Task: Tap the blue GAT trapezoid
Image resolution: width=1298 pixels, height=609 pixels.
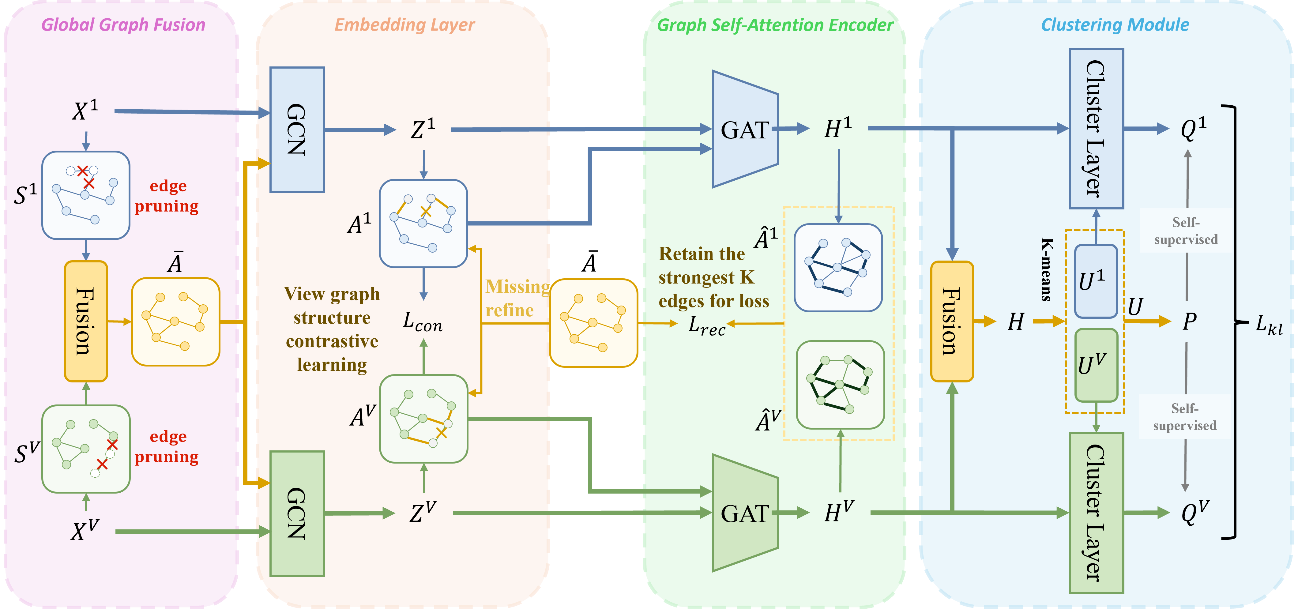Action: [745, 130]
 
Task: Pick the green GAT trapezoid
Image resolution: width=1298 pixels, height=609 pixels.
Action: [745, 513]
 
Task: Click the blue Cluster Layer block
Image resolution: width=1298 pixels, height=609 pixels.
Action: [1096, 129]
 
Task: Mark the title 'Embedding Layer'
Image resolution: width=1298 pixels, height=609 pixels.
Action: [404, 25]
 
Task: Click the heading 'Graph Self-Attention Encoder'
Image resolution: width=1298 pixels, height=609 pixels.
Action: [775, 25]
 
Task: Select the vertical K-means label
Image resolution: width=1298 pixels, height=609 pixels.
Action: [1047, 269]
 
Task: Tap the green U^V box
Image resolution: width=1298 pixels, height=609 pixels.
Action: [1096, 365]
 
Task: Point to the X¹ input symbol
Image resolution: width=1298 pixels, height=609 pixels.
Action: [85, 110]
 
